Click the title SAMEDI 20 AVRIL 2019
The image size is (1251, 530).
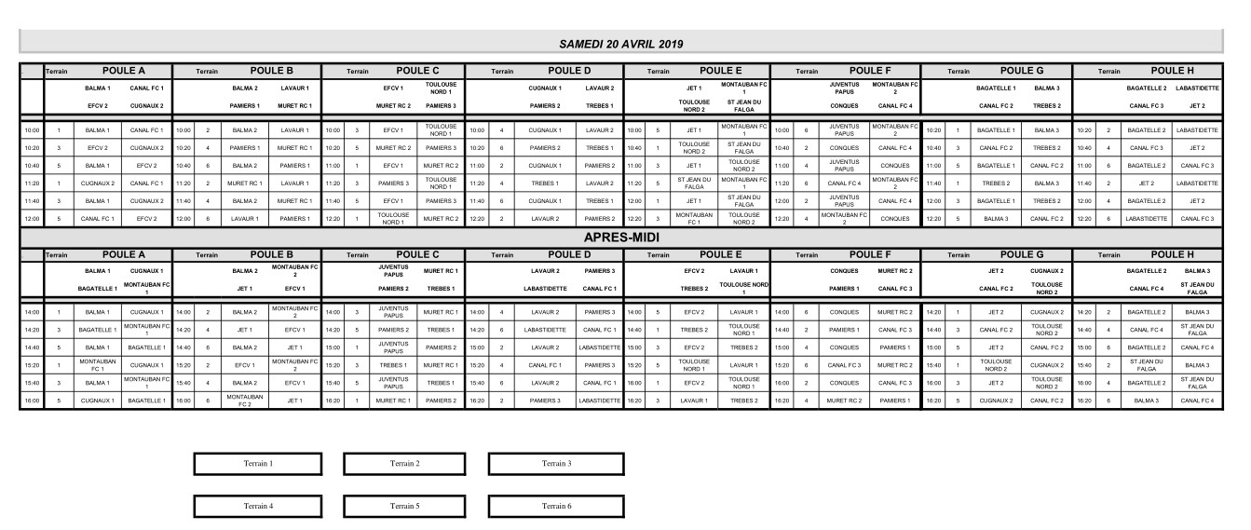point(620,44)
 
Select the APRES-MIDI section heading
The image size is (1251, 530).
point(620,237)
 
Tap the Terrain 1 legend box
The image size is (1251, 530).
point(258,463)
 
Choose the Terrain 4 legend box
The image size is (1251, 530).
point(258,506)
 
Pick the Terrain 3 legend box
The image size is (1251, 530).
point(556,463)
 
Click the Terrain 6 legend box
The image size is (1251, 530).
point(556,506)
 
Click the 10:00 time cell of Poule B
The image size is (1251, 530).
point(183,130)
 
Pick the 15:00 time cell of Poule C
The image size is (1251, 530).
point(333,347)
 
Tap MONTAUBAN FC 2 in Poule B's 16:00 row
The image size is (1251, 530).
point(242,401)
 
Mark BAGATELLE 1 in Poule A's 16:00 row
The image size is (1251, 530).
point(146,401)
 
